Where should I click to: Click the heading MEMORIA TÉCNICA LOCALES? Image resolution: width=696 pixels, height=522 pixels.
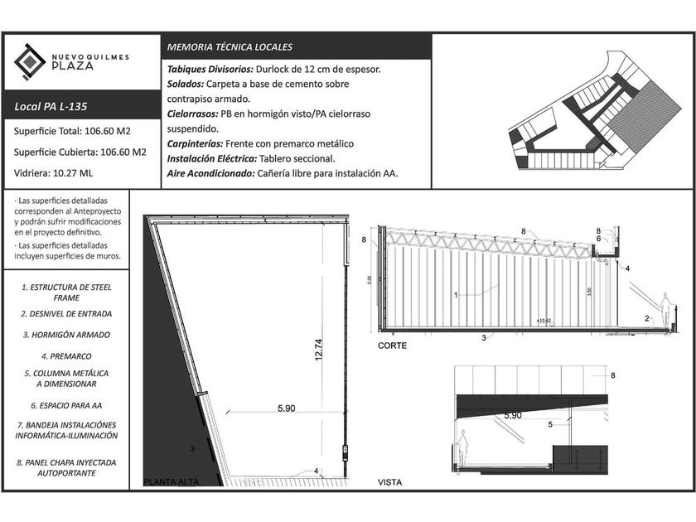230,47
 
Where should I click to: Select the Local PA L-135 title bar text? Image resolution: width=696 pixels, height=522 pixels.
51,106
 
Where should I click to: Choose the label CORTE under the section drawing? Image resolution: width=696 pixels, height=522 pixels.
392,346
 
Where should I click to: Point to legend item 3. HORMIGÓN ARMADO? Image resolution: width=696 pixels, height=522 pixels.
65,335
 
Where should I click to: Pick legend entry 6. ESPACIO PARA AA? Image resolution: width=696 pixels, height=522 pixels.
65,406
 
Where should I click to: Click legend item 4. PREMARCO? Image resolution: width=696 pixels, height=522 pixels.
65,355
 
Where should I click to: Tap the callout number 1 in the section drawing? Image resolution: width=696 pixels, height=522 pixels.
456,293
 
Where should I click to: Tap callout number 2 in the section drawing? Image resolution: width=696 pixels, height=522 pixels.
646,319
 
